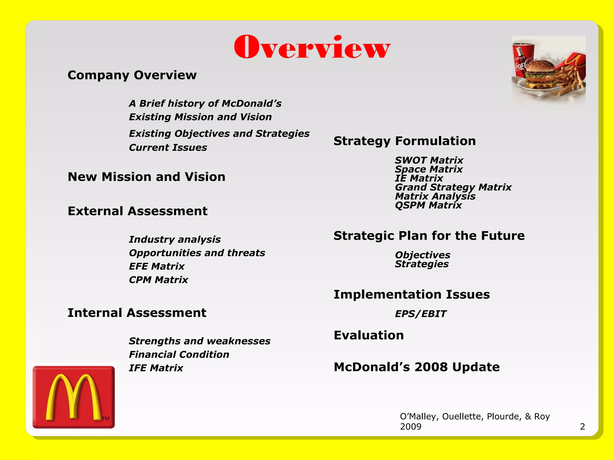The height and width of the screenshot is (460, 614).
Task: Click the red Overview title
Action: [312, 47]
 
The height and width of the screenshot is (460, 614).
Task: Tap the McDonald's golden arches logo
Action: [73, 397]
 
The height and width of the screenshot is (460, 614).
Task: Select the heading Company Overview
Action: [132, 75]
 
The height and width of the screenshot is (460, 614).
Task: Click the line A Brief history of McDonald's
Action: [205, 104]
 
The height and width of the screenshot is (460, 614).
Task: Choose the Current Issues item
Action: [168, 148]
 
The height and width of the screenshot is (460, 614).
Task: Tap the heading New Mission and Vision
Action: [146, 177]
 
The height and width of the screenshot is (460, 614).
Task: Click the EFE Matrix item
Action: [156, 266]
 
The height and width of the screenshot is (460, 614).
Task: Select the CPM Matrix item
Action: [158, 280]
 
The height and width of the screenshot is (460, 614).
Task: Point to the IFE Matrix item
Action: [156, 368]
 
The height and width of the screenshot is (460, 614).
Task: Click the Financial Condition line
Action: [179, 355]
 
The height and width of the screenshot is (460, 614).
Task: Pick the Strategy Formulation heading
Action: [404, 141]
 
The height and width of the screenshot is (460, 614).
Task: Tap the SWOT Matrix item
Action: [429, 160]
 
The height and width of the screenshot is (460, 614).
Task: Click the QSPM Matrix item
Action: [428, 205]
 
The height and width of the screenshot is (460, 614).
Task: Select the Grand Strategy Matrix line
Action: [453, 187]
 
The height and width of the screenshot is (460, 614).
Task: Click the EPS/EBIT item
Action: [420, 314]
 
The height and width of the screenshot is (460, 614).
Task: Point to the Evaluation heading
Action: [369, 335]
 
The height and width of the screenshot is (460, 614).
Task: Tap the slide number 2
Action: [582, 426]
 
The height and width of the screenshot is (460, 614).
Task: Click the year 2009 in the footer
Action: [410, 426]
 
